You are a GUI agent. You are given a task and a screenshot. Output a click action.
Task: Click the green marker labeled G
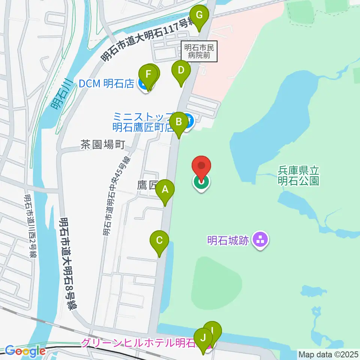tap(199, 16)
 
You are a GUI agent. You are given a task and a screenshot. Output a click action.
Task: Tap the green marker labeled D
tap(181, 70)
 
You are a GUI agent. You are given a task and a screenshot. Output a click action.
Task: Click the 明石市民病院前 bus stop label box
tap(200, 51)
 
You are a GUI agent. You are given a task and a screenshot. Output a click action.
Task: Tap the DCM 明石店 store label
tap(106, 84)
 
